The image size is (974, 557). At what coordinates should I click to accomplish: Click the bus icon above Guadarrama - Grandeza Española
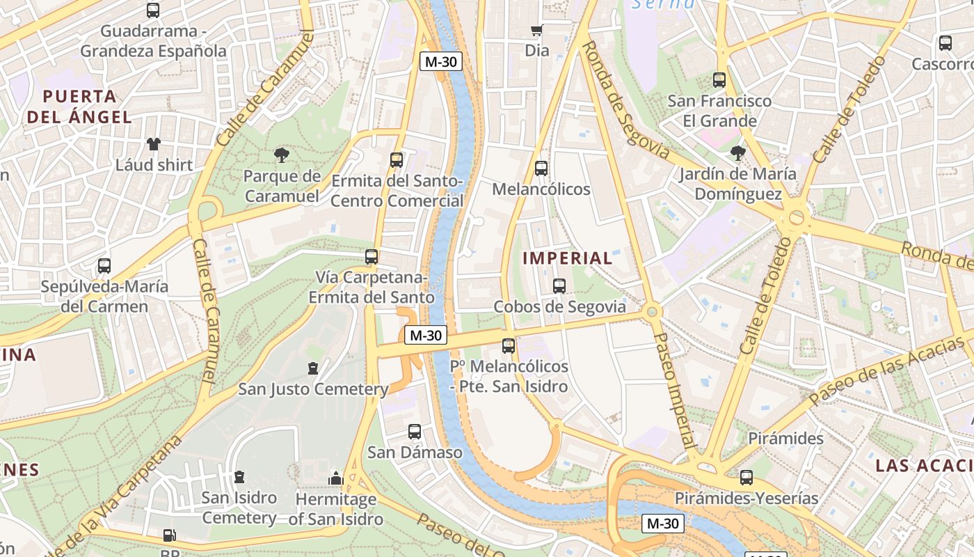152,10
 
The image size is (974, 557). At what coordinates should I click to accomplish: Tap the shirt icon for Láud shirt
153,144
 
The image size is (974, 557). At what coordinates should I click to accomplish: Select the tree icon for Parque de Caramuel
282,155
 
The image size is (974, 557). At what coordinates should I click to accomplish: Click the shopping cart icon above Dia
536,30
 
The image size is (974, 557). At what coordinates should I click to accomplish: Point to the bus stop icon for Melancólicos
541,168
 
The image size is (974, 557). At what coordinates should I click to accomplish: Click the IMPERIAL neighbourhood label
567,258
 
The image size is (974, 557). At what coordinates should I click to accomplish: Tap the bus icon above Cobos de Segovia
559,285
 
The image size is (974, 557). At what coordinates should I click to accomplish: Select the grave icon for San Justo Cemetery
313,368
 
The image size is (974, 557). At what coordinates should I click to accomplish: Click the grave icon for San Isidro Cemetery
239,477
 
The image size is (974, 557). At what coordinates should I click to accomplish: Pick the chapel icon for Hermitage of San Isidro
336,478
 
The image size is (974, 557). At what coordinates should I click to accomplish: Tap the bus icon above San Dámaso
415,432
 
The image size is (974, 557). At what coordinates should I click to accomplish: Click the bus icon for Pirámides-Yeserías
747,478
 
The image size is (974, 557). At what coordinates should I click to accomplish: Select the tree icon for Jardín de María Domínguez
737,152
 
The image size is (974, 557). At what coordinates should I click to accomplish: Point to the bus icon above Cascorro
945,43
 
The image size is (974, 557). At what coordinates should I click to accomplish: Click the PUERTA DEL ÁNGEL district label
79,107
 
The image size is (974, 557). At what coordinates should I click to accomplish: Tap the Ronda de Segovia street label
624,100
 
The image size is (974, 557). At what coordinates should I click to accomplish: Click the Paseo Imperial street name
674,390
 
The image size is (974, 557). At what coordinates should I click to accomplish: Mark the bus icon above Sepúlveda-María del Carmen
104,265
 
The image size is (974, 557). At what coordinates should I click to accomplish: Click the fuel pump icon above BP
169,535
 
